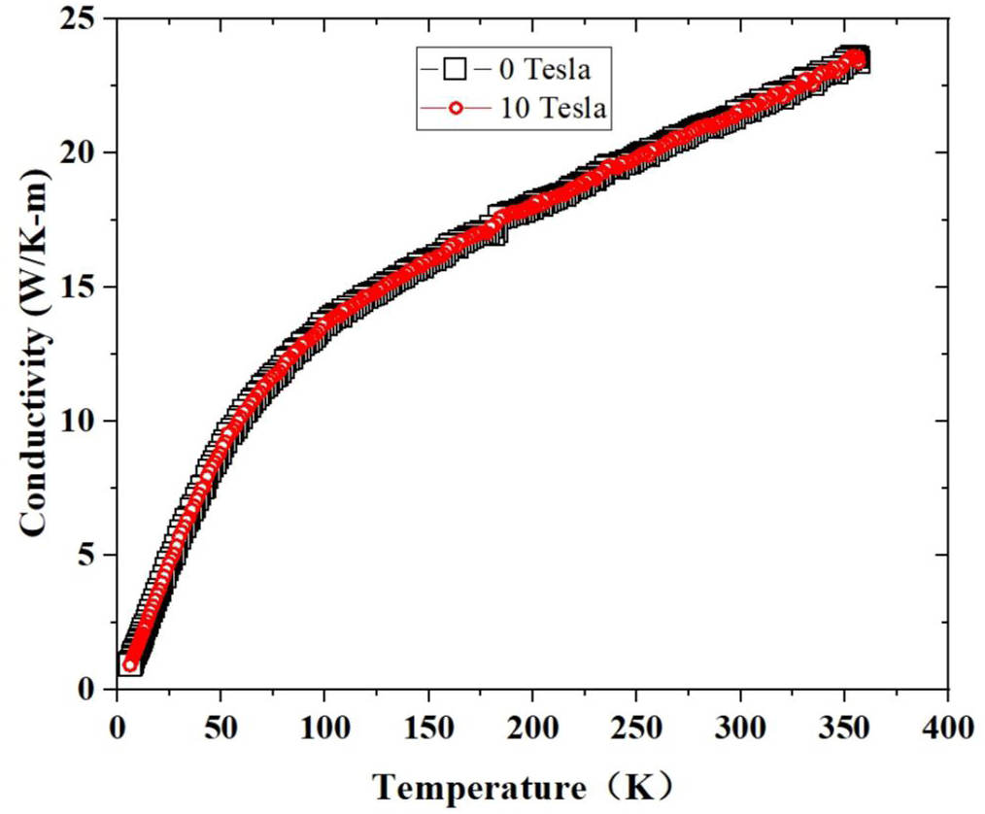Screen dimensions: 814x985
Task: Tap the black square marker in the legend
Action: coord(455,69)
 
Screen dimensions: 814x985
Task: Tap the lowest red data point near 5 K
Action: coord(130,664)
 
